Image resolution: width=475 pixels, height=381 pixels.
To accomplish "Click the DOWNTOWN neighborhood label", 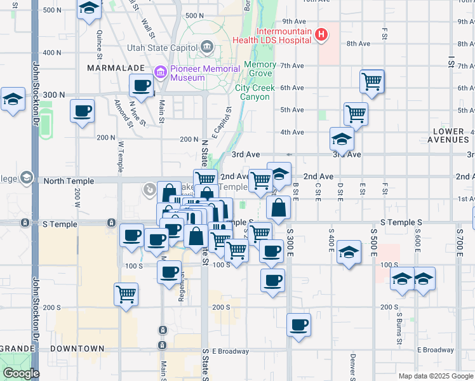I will tap(79, 349).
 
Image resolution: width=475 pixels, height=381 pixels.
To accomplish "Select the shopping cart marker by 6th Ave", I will tap(371, 81).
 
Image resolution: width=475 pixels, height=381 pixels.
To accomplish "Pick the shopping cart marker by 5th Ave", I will tap(356, 114).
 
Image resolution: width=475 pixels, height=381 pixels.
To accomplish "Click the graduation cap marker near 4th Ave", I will tap(342, 139).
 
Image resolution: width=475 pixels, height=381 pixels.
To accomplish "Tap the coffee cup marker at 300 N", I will tap(141, 85).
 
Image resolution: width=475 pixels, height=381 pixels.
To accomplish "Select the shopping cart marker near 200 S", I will tap(126, 294).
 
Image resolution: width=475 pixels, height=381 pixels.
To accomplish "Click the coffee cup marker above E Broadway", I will tap(298, 324).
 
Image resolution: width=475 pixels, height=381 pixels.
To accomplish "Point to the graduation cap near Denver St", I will tap(349, 251).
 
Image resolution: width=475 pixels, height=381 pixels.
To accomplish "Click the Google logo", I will tap(21, 373).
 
